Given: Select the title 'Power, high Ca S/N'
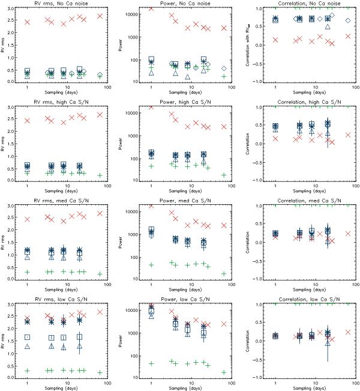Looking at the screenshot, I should coord(185,102).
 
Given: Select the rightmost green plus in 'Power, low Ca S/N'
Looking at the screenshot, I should coord(223,372).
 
